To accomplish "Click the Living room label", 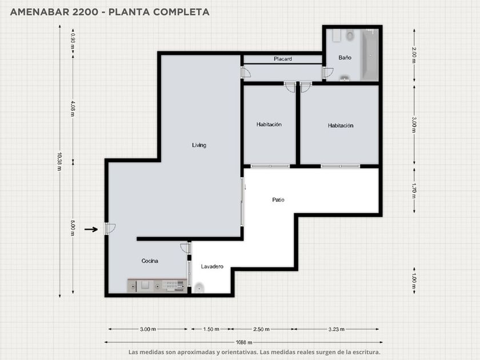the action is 199,145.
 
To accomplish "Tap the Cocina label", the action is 150,261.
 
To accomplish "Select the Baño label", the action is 345,58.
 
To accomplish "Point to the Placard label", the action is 282,59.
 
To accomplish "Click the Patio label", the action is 278,200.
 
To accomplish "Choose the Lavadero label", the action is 212,267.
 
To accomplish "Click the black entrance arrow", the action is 91,229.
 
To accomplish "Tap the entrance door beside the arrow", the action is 110,229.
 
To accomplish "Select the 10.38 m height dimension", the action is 59,161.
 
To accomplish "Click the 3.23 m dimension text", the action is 337,329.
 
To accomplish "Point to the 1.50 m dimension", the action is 211,329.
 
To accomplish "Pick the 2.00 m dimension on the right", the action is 414,55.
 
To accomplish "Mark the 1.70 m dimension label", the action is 414,190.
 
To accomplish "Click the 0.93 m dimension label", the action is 73,41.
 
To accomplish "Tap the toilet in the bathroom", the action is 350,35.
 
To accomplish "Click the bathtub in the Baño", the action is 370,55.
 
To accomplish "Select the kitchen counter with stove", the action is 157,286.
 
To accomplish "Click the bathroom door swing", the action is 328,73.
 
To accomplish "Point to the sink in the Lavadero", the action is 199,288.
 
